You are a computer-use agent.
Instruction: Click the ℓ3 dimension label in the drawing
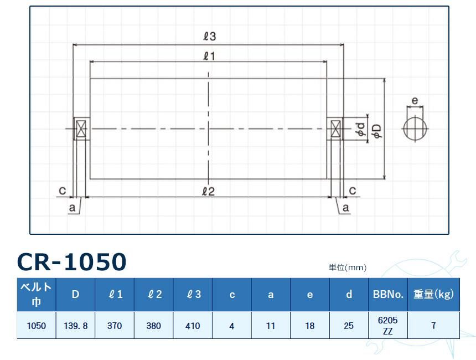(x=209, y=37)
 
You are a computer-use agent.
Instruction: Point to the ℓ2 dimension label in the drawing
(x=208, y=191)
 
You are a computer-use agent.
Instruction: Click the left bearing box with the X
(x=81, y=129)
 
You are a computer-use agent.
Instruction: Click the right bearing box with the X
(x=335, y=129)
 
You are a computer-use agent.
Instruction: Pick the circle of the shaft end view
(x=415, y=129)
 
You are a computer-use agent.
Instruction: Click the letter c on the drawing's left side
(x=63, y=191)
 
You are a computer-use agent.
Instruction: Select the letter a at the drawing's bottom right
(x=346, y=208)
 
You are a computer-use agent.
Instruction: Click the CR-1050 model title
(x=71, y=261)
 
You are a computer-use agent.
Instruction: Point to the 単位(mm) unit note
(x=348, y=268)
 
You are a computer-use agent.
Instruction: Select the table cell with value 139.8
(x=75, y=326)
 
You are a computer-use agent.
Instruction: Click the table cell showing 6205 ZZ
(x=387, y=326)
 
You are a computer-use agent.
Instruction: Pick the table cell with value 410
(x=193, y=326)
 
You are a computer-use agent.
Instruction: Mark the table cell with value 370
(x=115, y=326)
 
